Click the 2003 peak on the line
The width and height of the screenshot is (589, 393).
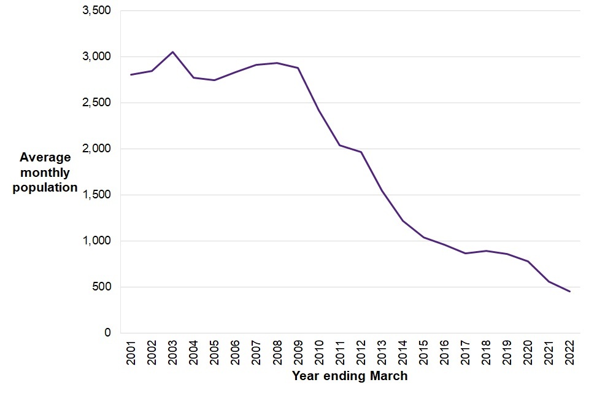(172, 52)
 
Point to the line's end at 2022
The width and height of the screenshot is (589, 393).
(570, 292)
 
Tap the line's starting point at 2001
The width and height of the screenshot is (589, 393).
(131, 74)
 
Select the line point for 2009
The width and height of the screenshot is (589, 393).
(298, 68)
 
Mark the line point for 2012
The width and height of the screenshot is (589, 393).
(361, 152)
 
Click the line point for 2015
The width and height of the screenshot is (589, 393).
(424, 237)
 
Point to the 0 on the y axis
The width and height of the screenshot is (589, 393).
(107, 333)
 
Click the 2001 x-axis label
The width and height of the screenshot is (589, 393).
(131, 354)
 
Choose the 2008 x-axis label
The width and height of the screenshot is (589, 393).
(277, 354)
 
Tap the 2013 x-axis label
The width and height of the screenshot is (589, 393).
(382, 354)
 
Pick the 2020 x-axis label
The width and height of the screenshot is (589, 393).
(528, 354)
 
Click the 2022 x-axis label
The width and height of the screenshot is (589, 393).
(570, 354)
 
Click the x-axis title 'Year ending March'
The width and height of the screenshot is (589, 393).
(350, 375)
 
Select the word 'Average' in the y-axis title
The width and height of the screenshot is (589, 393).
(45, 158)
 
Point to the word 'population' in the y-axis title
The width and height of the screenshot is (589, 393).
(45, 187)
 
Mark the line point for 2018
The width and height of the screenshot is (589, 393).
(487, 251)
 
